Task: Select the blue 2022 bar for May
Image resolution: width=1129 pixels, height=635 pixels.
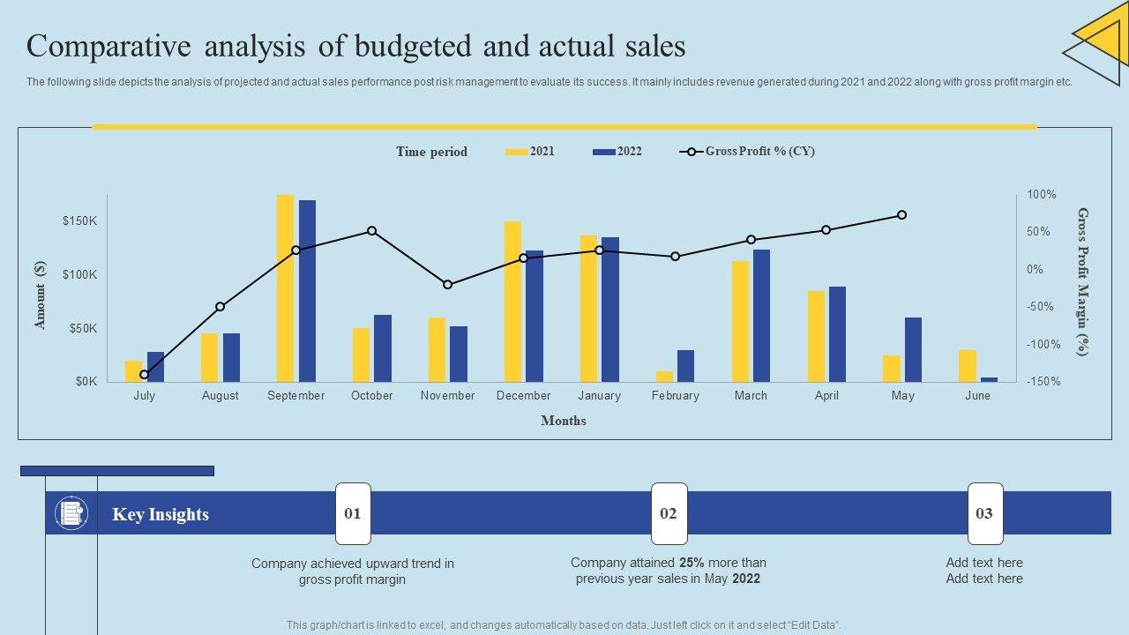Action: coord(913,349)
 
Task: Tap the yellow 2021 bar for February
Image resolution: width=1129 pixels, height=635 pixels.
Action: coord(664,376)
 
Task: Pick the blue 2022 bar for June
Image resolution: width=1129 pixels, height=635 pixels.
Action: coord(989,379)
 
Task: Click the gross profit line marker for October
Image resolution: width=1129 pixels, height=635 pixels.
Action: coord(371,231)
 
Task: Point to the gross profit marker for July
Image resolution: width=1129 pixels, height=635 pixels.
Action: coord(145,375)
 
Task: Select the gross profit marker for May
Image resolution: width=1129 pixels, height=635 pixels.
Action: coord(901,215)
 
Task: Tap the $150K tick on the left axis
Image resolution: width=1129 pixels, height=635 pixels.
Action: coord(79,220)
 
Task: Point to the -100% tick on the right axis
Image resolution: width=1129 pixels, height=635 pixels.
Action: coord(1042,344)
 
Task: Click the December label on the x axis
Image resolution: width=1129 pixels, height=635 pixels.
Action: coord(523,396)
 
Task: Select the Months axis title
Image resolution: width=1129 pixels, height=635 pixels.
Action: coord(563,421)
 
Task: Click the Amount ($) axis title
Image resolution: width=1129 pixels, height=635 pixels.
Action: coord(40,295)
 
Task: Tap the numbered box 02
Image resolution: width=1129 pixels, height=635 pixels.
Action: coord(669,513)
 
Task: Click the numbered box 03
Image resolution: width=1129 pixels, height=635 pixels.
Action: coord(984,513)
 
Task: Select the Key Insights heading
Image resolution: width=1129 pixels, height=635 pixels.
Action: coord(161,515)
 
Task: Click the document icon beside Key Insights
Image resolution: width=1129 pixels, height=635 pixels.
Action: coord(71,513)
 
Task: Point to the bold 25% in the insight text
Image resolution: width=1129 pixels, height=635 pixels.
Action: coord(692,563)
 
